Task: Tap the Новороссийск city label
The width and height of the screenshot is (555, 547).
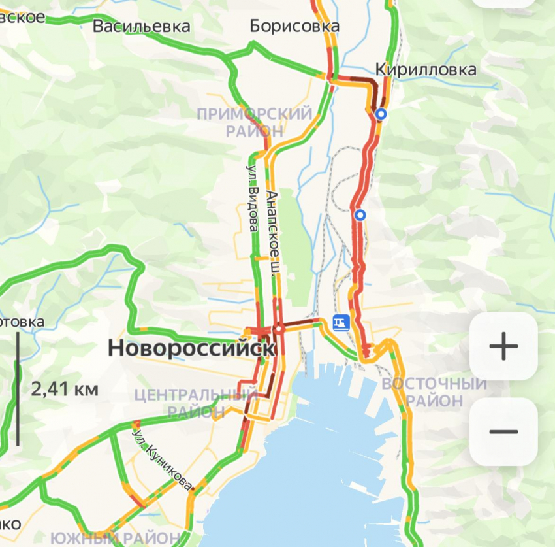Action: pyautogui.click(x=191, y=348)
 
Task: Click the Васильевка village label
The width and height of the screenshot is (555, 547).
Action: pyautogui.click(x=142, y=26)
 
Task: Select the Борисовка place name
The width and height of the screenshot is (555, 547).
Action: pyautogui.click(x=294, y=26)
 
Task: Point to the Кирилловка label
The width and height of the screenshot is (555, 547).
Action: pyautogui.click(x=426, y=69)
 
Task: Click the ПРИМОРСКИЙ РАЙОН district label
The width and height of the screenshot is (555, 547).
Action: pyautogui.click(x=255, y=122)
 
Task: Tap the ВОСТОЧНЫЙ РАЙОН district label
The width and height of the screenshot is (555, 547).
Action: pyautogui.click(x=434, y=391)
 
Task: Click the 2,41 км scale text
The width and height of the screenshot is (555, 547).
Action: pyautogui.click(x=65, y=390)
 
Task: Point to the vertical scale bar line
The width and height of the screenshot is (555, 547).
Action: pyautogui.click(x=18, y=390)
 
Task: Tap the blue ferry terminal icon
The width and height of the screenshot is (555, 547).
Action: pyautogui.click(x=340, y=322)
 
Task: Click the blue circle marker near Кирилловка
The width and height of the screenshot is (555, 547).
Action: pyautogui.click(x=381, y=114)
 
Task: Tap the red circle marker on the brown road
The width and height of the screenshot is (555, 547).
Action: pyautogui.click(x=279, y=329)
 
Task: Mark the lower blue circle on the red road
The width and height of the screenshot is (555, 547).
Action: pyautogui.click(x=360, y=214)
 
